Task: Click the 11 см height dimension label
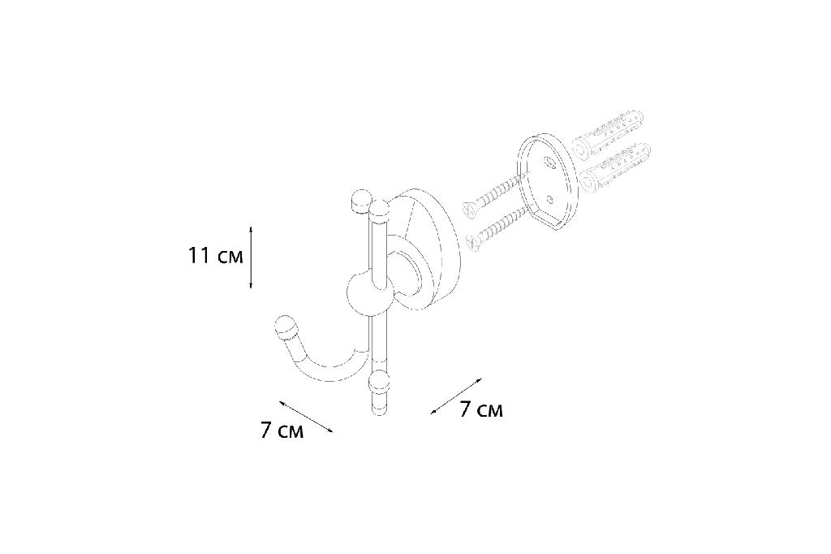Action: point(215,256)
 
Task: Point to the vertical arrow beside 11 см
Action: point(251,258)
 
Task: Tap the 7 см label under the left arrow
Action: point(282,430)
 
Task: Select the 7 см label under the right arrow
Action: point(480,409)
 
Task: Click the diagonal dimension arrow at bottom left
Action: point(306,417)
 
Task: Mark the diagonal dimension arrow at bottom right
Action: point(456,396)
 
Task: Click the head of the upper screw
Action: point(470,209)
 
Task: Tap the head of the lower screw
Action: point(472,241)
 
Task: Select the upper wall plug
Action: point(610,135)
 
